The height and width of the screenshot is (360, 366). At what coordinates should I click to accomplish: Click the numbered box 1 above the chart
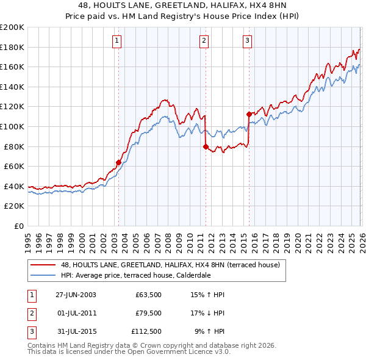[x=117, y=41]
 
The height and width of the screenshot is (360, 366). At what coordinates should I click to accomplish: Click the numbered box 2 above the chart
[x=203, y=41]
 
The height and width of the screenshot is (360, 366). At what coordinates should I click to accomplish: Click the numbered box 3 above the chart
[x=247, y=41]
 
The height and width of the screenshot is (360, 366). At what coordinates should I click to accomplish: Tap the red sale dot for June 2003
[x=118, y=162]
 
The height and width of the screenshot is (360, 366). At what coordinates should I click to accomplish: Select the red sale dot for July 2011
[x=205, y=146]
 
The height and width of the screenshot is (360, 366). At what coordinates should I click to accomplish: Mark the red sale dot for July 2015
[x=249, y=113]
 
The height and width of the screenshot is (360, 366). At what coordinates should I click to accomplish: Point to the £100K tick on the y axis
[x=12, y=126]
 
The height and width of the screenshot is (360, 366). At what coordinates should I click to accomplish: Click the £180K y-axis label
[x=12, y=47]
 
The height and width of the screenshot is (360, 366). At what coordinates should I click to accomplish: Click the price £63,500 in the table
[x=148, y=294]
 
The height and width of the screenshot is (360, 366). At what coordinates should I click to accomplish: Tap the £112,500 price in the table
[x=146, y=333]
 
